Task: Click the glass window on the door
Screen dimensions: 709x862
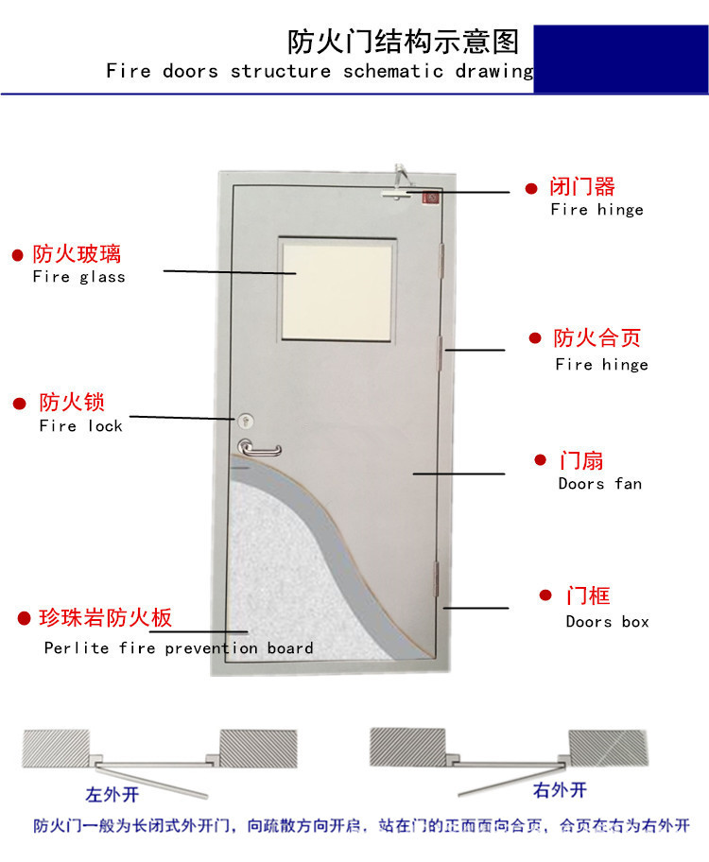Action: click(337, 292)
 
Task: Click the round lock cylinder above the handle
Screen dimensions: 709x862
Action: click(248, 419)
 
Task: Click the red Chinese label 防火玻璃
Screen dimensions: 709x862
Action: click(78, 253)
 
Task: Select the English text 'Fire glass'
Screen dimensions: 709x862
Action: click(78, 277)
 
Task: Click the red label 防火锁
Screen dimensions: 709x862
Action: click(72, 403)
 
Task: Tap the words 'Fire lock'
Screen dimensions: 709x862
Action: click(81, 426)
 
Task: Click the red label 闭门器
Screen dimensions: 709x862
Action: click(582, 186)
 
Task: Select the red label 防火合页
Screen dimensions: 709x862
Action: click(597, 337)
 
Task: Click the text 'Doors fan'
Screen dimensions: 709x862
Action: click(599, 484)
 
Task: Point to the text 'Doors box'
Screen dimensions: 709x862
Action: click(608, 622)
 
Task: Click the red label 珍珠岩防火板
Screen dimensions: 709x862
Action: click(105, 618)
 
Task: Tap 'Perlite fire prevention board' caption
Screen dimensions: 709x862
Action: click(179, 648)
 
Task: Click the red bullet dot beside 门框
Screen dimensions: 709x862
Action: click(545, 595)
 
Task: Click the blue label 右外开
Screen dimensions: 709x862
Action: click(560, 790)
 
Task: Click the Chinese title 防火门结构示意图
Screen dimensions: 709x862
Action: click(404, 42)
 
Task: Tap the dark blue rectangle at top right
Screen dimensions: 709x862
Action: click(621, 60)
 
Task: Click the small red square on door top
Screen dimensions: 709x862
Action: click(431, 198)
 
